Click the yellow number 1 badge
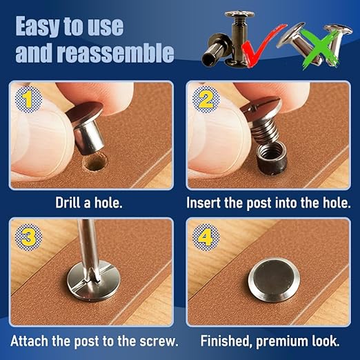(28, 100)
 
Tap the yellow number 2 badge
(206, 99)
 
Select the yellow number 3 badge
(28, 237)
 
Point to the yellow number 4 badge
(206, 237)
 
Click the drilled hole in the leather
(95, 163)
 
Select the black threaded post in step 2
(272, 157)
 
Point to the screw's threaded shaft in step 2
(265, 132)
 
